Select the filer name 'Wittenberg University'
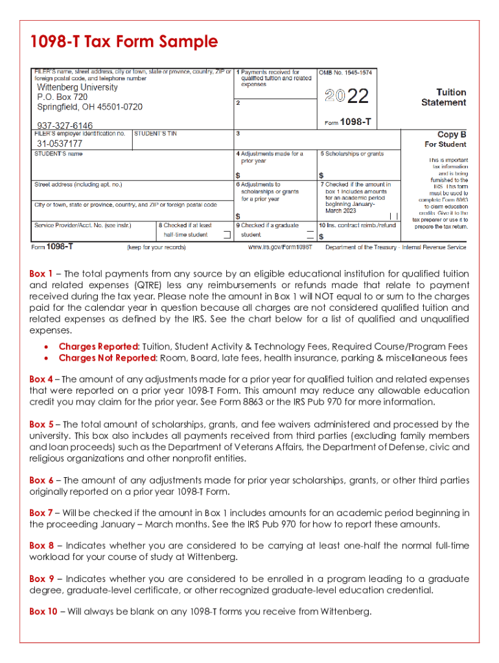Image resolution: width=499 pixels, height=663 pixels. pyautogui.click(x=77, y=87)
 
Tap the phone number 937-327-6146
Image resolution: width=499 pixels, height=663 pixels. pyautogui.click(x=64, y=126)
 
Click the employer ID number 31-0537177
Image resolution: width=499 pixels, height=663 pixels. pyautogui.click(x=59, y=144)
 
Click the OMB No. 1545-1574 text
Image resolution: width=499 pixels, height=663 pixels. pyautogui.click(x=345, y=73)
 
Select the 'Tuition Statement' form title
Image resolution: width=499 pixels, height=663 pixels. pyautogui.click(x=444, y=98)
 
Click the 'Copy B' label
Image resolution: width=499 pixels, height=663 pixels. pyautogui.click(x=452, y=135)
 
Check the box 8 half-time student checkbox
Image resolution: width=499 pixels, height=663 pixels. pyautogui.click(x=226, y=235)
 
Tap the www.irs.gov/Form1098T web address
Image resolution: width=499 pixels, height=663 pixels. pyautogui.click(x=280, y=247)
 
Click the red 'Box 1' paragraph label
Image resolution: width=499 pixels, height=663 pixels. pyautogui.click(x=41, y=274)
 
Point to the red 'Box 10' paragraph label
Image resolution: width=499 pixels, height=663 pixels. pyautogui.click(x=43, y=611)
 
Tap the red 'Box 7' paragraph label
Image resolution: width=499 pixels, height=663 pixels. pyautogui.click(x=41, y=513)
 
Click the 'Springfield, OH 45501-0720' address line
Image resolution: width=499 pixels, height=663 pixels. pyautogui.click(x=89, y=107)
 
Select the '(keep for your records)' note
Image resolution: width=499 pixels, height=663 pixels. pyautogui.click(x=156, y=247)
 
